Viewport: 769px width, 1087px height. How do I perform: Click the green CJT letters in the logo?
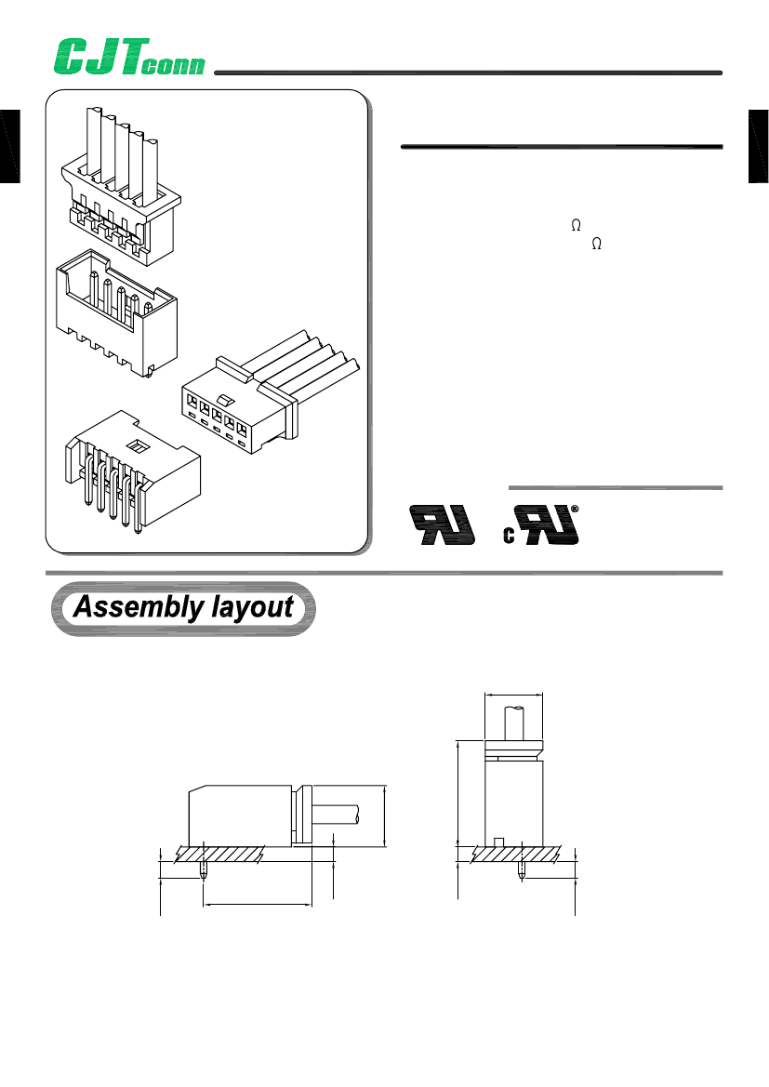coord(97,57)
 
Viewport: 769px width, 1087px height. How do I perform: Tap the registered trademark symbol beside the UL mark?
coord(574,509)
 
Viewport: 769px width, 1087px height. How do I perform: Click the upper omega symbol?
coord(576,225)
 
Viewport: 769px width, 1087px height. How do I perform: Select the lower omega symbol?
coord(597,243)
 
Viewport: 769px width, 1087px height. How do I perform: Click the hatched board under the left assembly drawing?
coord(232,853)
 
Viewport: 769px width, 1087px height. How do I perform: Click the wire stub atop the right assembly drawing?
coord(514,722)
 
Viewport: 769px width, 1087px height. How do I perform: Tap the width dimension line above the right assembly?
coord(514,694)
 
